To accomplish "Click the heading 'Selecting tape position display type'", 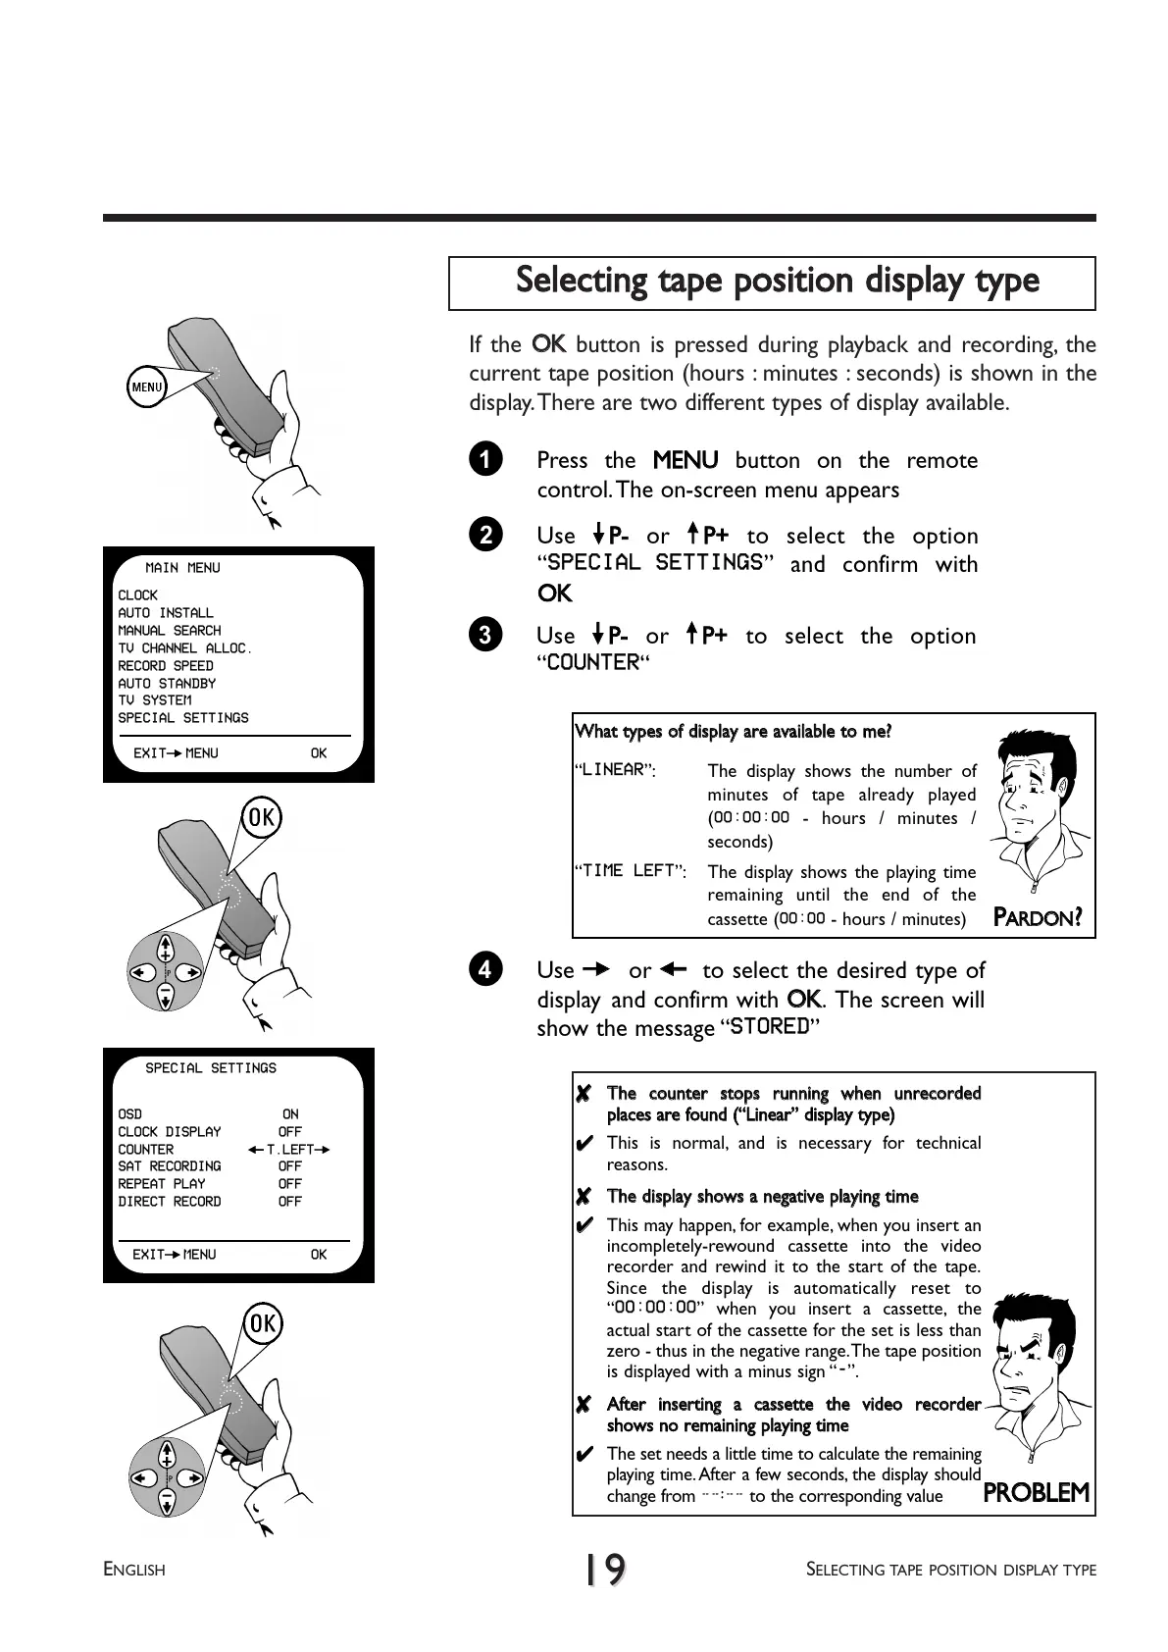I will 777,281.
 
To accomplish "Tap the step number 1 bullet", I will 485,459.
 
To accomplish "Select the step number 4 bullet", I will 485,969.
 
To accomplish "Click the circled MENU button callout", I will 147,387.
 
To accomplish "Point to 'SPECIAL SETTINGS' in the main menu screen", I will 183,718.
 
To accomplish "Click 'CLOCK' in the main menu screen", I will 138,595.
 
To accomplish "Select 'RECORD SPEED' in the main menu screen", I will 166,666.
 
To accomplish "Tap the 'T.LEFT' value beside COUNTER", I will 290,1150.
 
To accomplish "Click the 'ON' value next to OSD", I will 290,1114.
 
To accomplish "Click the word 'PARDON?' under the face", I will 1038,918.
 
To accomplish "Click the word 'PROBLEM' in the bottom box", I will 1036,1493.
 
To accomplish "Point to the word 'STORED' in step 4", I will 770,1027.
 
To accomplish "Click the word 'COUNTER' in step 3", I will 592,663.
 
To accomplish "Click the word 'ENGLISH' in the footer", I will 134,1571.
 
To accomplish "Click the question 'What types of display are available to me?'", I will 733,732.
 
